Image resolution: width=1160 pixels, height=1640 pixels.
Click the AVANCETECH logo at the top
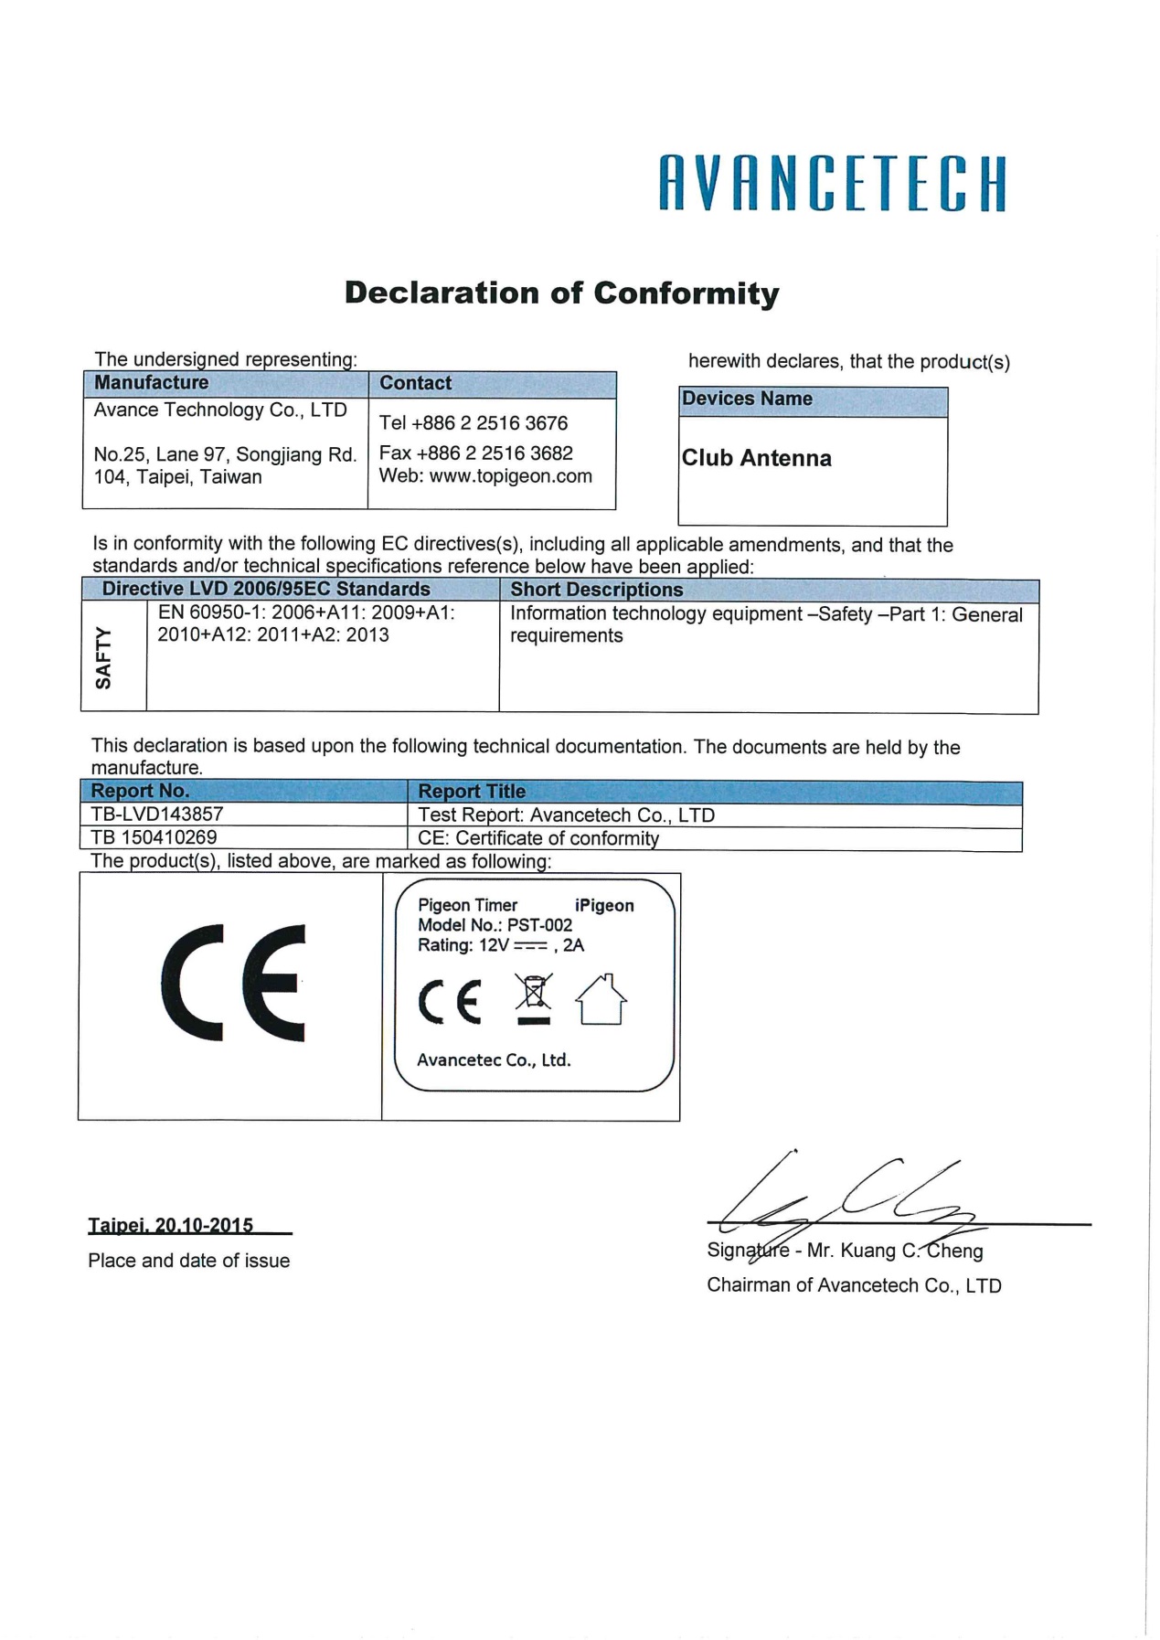[x=832, y=184]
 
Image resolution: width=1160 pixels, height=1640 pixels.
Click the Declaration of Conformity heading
[x=561, y=293]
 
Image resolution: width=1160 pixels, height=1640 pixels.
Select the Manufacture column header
[x=152, y=383]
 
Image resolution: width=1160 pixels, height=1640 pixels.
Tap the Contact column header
[x=416, y=383]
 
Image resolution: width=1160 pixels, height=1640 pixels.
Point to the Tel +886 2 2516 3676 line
[x=474, y=423]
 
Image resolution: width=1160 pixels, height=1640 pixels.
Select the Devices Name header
[x=747, y=399]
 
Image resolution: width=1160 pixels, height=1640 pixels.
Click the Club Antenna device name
[x=757, y=458]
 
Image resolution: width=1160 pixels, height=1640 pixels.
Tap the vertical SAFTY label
[x=103, y=658]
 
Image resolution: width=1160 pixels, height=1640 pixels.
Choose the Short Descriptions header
[x=596, y=590]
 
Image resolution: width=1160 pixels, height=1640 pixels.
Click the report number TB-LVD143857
[x=157, y=815]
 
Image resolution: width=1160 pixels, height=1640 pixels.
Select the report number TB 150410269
[x=154, y=837]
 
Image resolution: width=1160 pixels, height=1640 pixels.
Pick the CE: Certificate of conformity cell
[x=538, y=838]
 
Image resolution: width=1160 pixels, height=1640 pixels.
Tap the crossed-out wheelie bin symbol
[x=534, y=1000]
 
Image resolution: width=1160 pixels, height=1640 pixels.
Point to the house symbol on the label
[x=601, y=1000]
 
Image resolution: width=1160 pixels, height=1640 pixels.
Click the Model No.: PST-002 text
[x=495, y=925]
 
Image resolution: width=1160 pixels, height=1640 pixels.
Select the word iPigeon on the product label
[x=604, y=906]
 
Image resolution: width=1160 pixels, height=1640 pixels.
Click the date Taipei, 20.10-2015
[x=171, y=1225]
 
